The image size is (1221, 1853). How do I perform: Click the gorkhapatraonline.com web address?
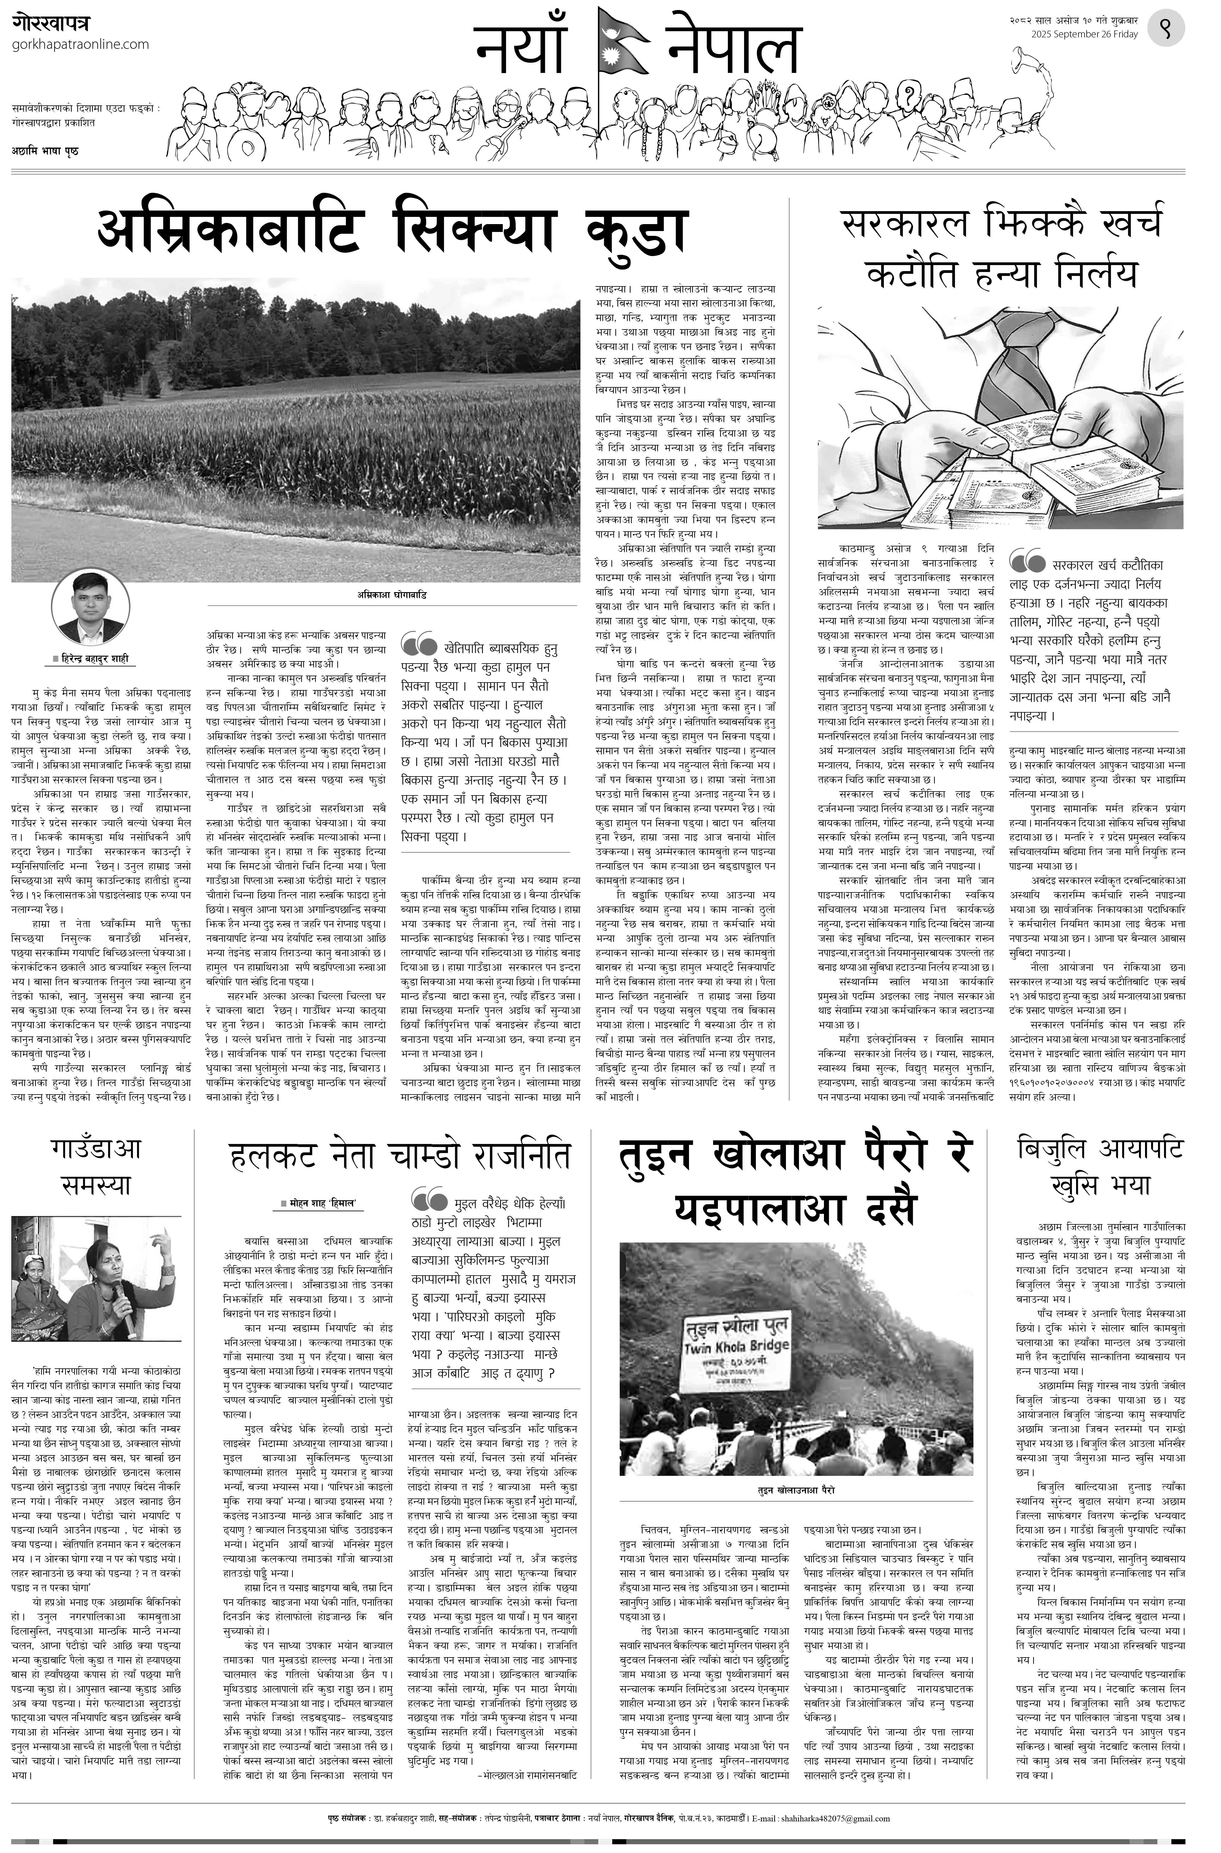pos(81,44)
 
